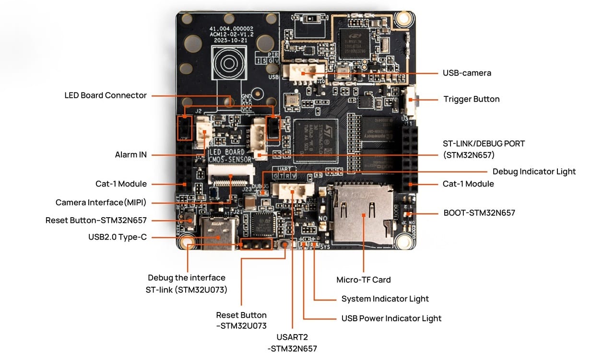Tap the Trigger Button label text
tap(471, 99)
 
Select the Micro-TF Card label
tap(363, 280)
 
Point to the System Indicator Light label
tap(385, 299)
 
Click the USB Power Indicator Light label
tap(391, 318)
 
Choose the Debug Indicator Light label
tap(534, 172)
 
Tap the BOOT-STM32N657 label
tap(479, 212)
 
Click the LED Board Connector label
tap(106, 95)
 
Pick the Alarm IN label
tap(130, 155)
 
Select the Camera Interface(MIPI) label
tap(101, 203)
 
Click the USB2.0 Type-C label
tap(117, 237)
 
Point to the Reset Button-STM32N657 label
tap(96, 221)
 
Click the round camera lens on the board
tap(227, 65)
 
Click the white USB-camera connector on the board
tap(304, 73)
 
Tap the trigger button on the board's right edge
tap(413, 100)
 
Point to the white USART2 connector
tap(293, 190)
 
